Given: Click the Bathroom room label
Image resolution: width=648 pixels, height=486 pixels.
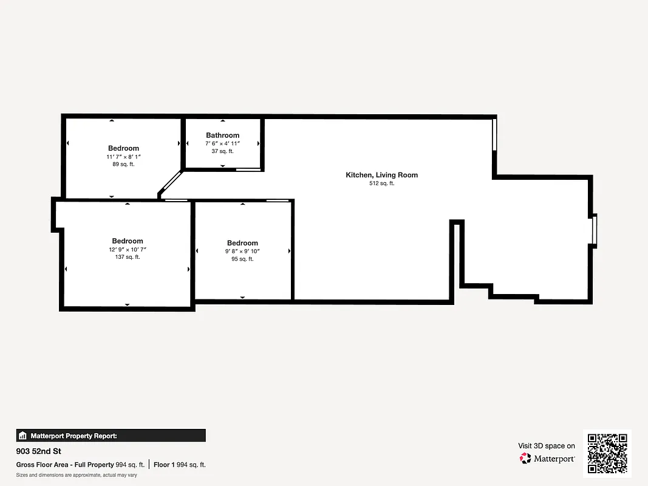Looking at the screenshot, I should coord(222,135).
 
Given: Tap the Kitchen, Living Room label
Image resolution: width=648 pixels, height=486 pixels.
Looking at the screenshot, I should coord(381,175).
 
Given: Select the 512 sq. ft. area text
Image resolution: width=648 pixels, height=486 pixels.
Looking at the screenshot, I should coord(381,183).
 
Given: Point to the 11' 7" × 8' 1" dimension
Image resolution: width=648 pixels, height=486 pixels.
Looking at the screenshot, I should coord(123,156).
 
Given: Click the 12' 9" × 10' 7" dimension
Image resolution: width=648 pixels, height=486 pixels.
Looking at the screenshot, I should coord(127,249).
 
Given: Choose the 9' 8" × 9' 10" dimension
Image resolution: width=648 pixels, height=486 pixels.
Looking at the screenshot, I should coord(242,251).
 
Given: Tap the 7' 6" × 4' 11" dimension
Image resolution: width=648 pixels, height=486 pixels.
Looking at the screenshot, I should coord(222,143).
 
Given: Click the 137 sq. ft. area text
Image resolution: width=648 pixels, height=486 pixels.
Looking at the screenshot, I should coord(127,257).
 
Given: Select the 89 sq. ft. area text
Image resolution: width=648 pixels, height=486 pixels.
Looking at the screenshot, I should coord(123,164).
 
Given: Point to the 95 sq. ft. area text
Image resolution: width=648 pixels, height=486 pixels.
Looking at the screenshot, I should coord(242,259).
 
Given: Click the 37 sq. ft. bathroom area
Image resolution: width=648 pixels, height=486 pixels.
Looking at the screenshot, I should coord(222,151).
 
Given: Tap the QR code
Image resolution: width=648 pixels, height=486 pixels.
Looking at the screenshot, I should coord(607,454).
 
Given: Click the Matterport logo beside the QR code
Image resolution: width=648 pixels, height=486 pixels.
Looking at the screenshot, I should coord(547,459).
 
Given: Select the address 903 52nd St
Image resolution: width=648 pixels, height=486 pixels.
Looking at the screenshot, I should coord(38,451).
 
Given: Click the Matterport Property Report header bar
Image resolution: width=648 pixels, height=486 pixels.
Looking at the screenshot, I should coord(111,436).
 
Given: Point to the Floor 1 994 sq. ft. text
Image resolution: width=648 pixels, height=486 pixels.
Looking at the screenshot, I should coord(180,465).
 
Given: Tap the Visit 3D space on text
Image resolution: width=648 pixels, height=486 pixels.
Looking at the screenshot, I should coord(547,446).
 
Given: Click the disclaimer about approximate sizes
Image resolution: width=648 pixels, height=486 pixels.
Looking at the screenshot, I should coord(77,475).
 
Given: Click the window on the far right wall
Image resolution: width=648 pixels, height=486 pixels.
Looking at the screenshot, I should coord(595,230).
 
